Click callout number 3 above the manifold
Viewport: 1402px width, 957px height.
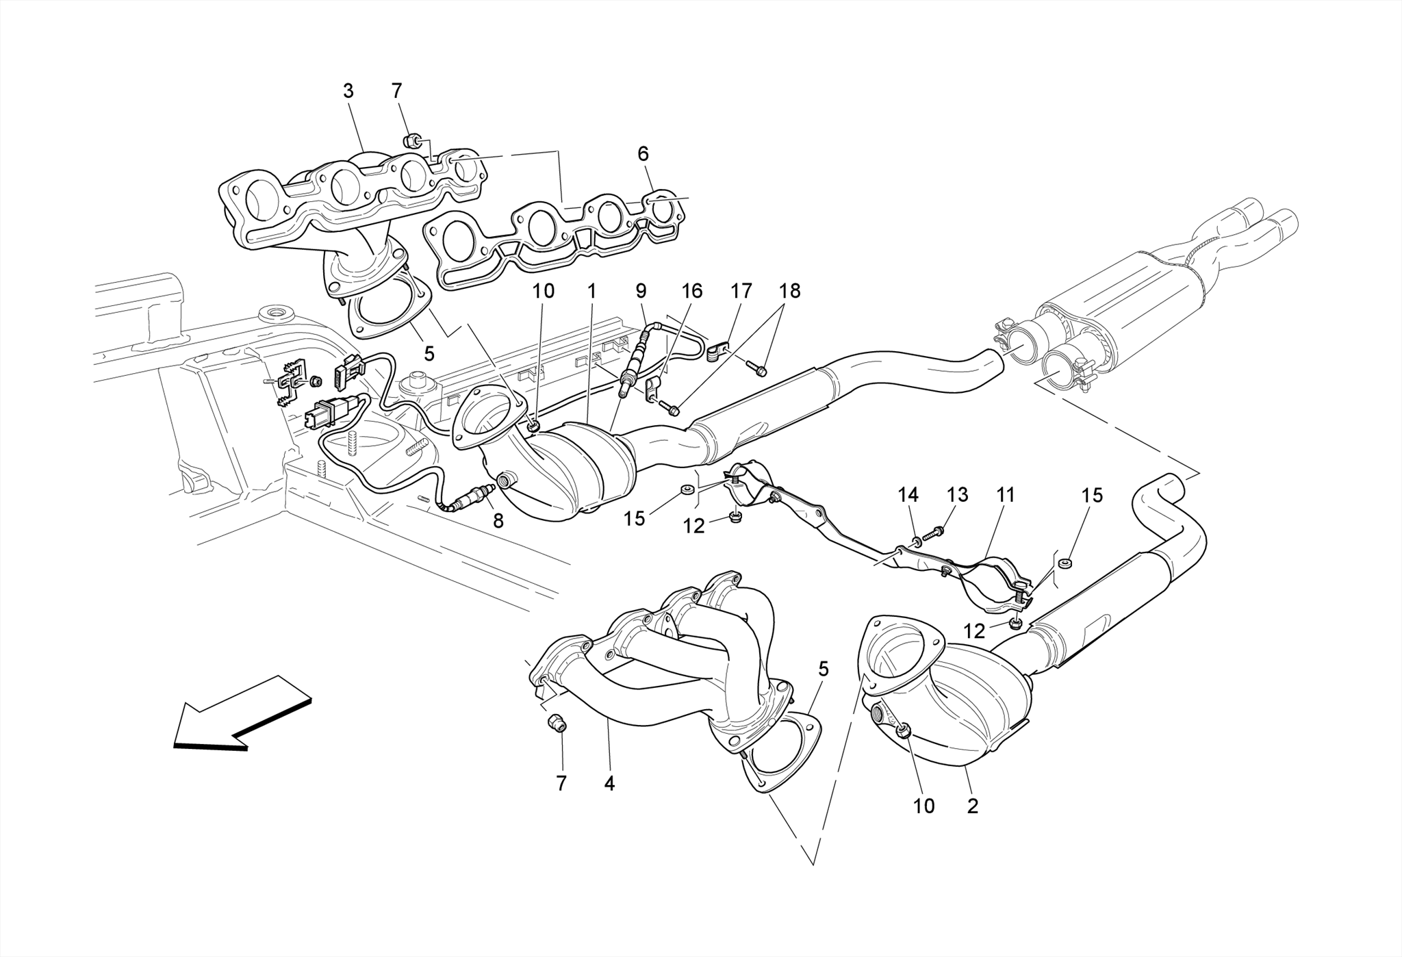tap(348, 91)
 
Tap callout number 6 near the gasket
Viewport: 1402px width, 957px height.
tap(643, 154)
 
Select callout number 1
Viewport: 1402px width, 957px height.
tap(591, 291)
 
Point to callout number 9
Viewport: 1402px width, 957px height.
tap(641, 291)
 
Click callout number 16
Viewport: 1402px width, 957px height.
tap(692, 291)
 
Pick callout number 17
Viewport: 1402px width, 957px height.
tap(741, 291)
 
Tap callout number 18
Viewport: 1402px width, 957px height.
tap(789, 291)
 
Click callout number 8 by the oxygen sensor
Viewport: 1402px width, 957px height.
tap(498, 522)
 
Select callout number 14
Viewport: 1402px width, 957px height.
tap(908, 495)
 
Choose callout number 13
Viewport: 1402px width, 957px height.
tap(957, 495)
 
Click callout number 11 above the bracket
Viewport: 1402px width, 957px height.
tap(1005, 495)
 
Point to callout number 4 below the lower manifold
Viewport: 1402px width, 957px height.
tap(609, 784)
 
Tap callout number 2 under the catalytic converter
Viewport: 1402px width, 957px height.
tap(972, 806)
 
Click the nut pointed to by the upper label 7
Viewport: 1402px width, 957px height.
tap(412, 142)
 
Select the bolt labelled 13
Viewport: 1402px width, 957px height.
tap(933, 532)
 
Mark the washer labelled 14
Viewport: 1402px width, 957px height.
tap(916, 543)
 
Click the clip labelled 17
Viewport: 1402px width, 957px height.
tap(715, 352)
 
